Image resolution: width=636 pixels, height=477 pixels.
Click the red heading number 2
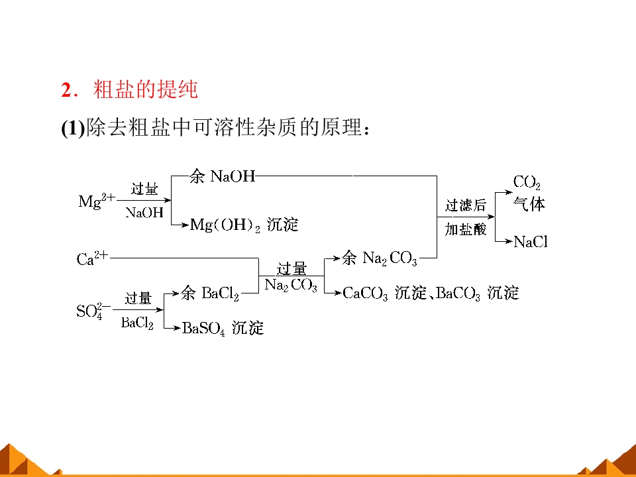click(66, 90)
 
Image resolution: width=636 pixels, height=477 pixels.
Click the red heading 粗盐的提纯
click(145, 89)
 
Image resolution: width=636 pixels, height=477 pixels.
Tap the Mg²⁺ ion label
click(97, 200)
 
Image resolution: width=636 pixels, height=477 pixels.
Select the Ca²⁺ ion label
click(93, 258)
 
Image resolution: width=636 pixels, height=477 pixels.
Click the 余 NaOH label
click(223, 176)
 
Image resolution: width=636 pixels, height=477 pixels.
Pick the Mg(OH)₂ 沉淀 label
click(244, 225)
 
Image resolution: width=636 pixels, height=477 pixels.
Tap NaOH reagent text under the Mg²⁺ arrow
click(144, 212)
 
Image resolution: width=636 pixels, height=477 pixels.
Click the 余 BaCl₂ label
click(210, 293)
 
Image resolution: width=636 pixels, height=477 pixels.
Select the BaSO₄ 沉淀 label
click(223, 328)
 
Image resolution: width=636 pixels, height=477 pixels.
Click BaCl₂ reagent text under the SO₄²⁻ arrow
click(138, 323)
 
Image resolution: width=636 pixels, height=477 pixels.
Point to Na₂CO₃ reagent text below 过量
click(291, 286)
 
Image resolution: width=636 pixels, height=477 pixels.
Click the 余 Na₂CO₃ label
click(379, 258)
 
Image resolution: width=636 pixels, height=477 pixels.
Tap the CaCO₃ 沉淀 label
click(385, 293)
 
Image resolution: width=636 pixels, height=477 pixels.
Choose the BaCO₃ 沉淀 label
click(478, 293)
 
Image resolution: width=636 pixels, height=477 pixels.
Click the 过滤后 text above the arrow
click(465, 205)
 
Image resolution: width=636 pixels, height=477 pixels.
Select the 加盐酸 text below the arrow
click(465, 230)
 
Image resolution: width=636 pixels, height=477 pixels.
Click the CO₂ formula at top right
click(527, 183)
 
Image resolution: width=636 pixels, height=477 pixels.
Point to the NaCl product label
click(531, 242)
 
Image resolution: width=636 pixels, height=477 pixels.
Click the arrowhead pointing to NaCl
click(509, 241)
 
